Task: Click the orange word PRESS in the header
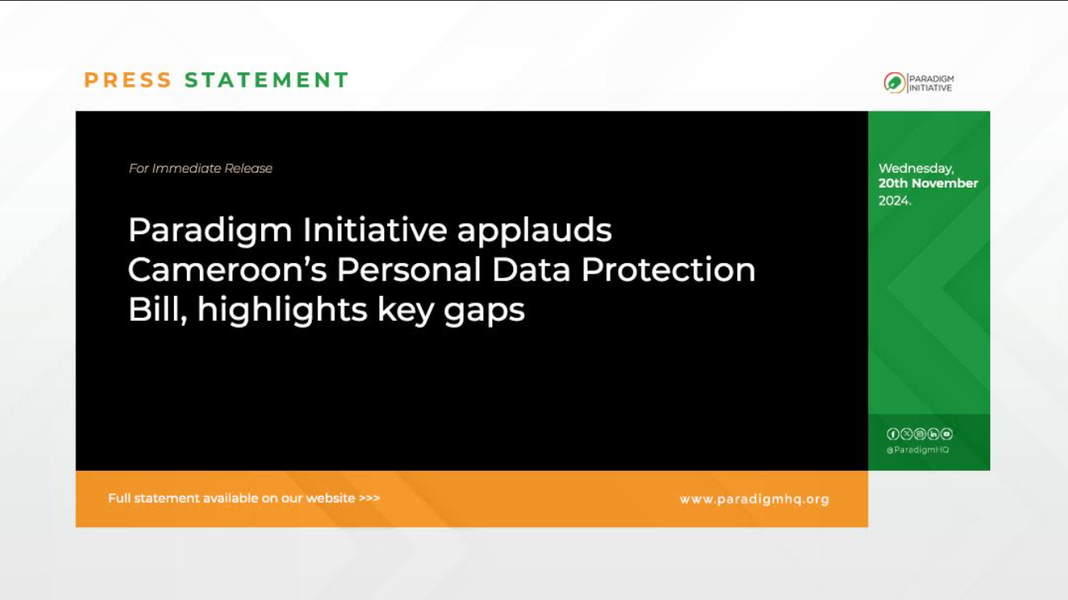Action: (128, 80)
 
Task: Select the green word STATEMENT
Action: (266, 80)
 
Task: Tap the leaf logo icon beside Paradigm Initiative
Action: (894, 83)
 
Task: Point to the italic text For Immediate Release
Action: (200, 168)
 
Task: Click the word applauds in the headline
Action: (534, 230)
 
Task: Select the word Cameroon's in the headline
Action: (227, 270)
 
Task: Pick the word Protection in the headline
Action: (668, 270)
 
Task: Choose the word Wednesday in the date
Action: (916, 168)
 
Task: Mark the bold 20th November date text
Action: (928, 184)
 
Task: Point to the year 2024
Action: (894, 201)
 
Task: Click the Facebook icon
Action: (892, 434)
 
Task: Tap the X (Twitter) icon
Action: (906, 434)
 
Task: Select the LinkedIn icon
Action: (933, 434)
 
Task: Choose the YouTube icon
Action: (947, 434)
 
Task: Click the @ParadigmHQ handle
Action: (917, 450)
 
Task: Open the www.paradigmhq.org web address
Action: (754, 499)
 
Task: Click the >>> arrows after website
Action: (369, 498)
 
